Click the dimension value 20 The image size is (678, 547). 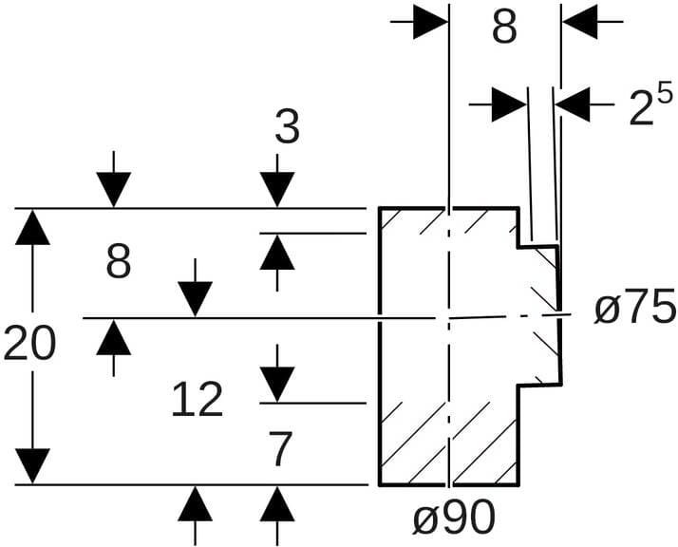point(29,345)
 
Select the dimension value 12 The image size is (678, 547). point(198,401)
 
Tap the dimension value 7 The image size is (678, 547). point(279,451)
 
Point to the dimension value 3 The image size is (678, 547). point(287,128)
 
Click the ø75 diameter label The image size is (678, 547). point(635,310)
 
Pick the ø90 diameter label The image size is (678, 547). point(453,518)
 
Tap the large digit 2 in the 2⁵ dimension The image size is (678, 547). point(642,110)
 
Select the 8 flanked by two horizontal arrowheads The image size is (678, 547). point(504,28)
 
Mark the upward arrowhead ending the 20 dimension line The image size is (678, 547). point(33,228)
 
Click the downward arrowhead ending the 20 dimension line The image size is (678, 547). point(33,465)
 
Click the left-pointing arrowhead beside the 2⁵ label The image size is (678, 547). point(574,104)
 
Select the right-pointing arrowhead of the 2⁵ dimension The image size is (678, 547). point(511,104)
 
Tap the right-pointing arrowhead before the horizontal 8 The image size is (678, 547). point(431,23)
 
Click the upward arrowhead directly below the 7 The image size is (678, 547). point(277,502)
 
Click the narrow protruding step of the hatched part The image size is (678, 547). point(537,315)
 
